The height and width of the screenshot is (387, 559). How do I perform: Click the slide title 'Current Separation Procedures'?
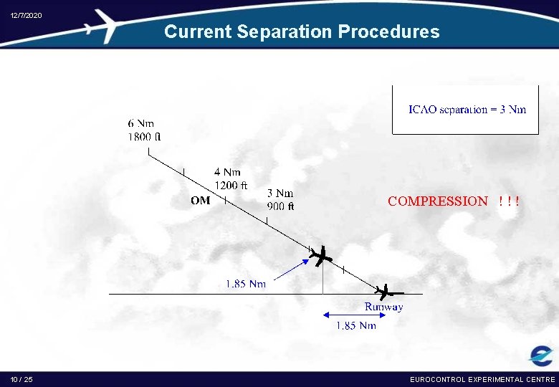[x=302, y=32]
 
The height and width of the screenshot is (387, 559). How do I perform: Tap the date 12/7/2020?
[x=26, y=16]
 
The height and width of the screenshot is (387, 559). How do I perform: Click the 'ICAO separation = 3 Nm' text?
[x=467, y=110]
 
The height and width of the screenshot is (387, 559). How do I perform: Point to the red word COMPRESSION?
[x=437, y=201]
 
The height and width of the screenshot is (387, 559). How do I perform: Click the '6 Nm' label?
[x=141, y=123]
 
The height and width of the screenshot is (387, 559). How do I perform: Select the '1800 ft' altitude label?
[x=145, y=136]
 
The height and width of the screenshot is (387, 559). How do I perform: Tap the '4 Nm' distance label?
[x=227, y=172]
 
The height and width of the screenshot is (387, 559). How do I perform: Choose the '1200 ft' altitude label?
[x=231, y=185]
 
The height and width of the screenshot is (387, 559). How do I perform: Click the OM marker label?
[x=201, y=201]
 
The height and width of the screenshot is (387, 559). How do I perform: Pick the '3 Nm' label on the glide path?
[x=280, y=193]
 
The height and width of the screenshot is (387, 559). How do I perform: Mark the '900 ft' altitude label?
[x=280, y=206]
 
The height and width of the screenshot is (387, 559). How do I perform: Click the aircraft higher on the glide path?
[x=320, y=256]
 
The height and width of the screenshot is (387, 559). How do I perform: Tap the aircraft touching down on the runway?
[x=388, y=292]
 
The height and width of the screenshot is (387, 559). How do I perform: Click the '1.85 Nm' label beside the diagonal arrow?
[x=246, y=284]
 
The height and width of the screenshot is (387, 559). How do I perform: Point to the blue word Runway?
[x=383, y=307]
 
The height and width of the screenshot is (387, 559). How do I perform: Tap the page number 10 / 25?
[x=21, y=379]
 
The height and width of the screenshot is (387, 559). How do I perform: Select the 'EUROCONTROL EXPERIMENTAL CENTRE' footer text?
[x=482, y=379]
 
